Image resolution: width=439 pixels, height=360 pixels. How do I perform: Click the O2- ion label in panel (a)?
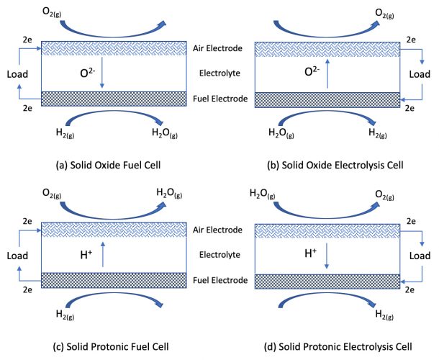88,73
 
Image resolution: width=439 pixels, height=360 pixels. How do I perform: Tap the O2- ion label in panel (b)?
312,71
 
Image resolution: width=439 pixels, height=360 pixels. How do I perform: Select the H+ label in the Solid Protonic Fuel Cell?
86,255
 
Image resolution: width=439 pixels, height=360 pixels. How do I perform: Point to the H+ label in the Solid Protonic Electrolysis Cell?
310,253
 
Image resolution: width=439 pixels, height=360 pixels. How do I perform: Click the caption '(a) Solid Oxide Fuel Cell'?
109,165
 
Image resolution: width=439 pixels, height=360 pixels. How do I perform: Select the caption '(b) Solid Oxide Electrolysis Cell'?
335,165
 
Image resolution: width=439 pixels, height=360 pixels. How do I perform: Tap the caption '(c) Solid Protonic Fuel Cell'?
111,347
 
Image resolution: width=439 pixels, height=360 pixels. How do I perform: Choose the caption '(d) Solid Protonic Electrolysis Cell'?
338,347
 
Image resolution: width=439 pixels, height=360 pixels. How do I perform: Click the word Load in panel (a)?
17,74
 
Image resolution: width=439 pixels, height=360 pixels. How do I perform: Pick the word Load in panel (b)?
420,74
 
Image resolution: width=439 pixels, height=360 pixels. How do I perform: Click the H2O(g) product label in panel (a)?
165,132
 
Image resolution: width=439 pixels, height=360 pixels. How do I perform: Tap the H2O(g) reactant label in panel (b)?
281,132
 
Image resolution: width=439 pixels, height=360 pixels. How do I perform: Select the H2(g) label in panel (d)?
384,315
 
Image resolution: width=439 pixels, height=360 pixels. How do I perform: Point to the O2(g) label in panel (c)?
52,194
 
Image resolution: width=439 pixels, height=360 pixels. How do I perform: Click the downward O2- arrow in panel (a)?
102,73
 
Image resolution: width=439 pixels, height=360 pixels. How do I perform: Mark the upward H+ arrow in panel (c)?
103,254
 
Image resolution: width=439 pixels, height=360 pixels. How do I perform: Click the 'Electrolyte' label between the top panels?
219,73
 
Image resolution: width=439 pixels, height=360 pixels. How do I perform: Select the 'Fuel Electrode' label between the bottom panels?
220,280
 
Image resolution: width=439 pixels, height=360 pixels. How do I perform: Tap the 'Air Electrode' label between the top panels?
217,48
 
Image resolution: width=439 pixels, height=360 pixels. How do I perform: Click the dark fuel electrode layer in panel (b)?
327,100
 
